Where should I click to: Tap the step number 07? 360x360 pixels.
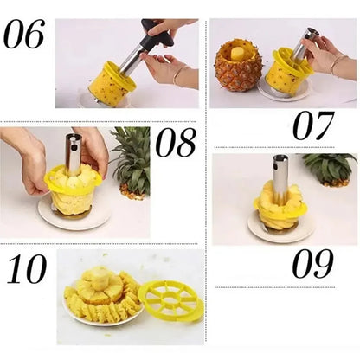click(x=312, y=125)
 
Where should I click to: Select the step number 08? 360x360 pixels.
click(x=177, y=143)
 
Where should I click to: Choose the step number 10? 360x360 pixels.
click(x=26, y=270)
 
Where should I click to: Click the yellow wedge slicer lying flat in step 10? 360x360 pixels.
click(x=170, y=299)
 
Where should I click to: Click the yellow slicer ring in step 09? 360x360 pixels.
click(x=279, y=204)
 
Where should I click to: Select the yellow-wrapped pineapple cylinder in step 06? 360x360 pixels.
click(x=112, y=82)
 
